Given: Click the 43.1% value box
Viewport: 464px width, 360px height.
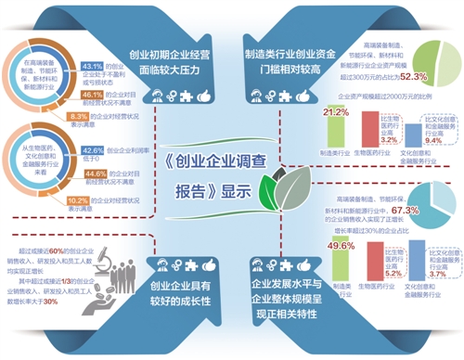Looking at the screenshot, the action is (x=93, y=68).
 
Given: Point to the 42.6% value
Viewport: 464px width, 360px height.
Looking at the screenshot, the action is (x=94, y=149).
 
